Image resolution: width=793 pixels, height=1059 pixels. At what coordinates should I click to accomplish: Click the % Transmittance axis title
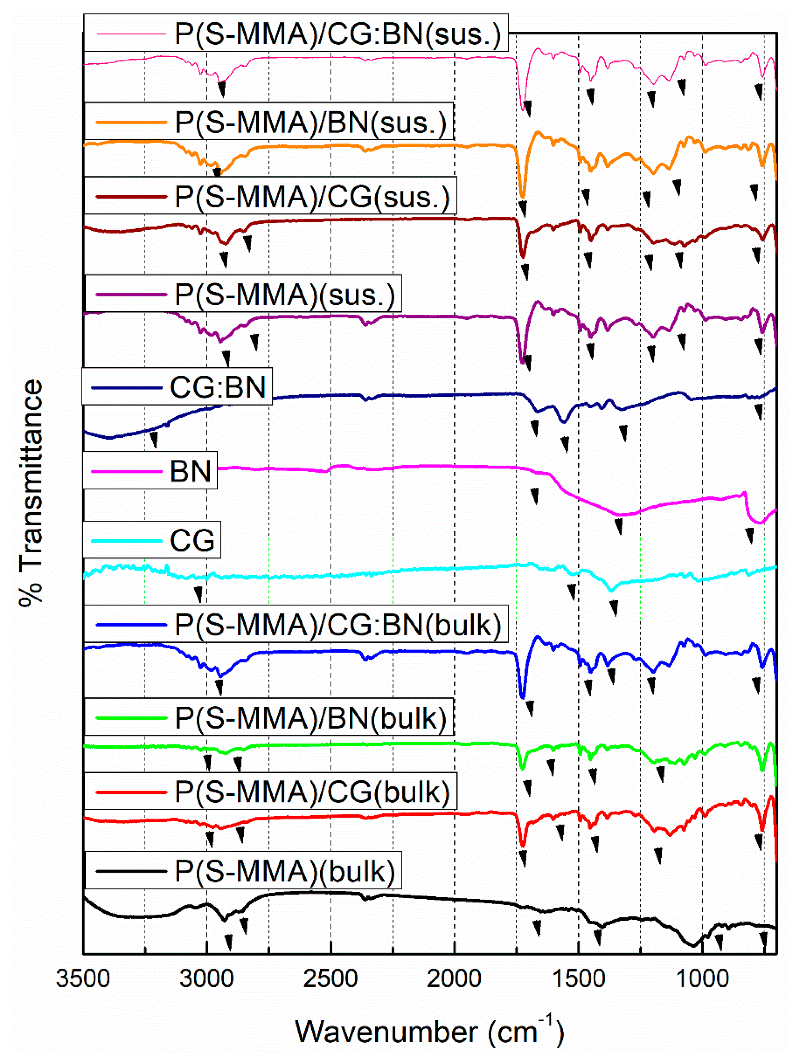[31, 493]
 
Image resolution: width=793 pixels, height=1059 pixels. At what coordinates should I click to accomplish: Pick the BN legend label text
[190, 471]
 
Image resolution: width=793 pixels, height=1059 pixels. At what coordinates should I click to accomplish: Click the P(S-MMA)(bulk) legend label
[285, 871]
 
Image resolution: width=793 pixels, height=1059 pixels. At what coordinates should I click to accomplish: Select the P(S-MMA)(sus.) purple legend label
[285, 294]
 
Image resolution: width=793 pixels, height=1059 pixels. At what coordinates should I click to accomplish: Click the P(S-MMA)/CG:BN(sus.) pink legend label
[338, 34]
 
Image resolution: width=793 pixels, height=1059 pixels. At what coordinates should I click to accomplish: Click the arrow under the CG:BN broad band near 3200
[154, 439]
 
